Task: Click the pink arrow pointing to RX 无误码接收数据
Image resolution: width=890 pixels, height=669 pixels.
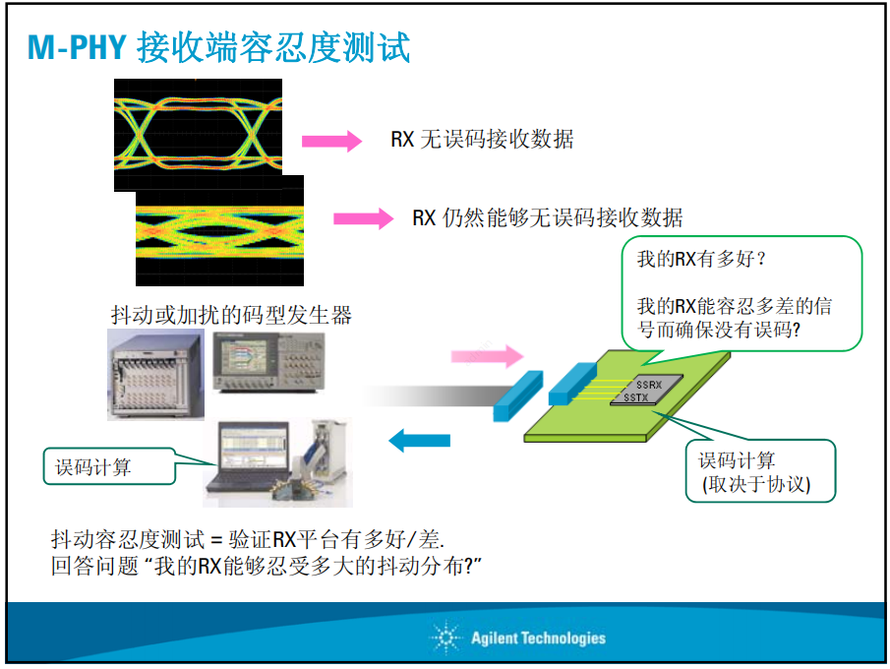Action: pos(331,142)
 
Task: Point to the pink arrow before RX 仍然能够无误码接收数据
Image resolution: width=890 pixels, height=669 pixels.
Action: pos(363,218)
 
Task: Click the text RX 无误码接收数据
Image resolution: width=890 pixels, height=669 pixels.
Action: pos(482,140)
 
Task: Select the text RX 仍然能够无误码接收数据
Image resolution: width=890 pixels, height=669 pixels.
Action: pos(547,217)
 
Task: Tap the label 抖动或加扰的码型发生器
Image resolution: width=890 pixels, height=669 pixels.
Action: pos(231,316)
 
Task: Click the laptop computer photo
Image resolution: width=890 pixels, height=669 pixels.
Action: pos(248,458)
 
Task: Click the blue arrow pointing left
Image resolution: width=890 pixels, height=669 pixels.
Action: pos(420,440)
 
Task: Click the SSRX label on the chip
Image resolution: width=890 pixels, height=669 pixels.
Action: pos(649,385)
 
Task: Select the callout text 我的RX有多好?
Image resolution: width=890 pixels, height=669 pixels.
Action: pos(701,260)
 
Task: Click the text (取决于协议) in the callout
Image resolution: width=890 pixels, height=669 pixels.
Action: pos(755,484)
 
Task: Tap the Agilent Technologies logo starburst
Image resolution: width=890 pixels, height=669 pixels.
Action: pos(446,638)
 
